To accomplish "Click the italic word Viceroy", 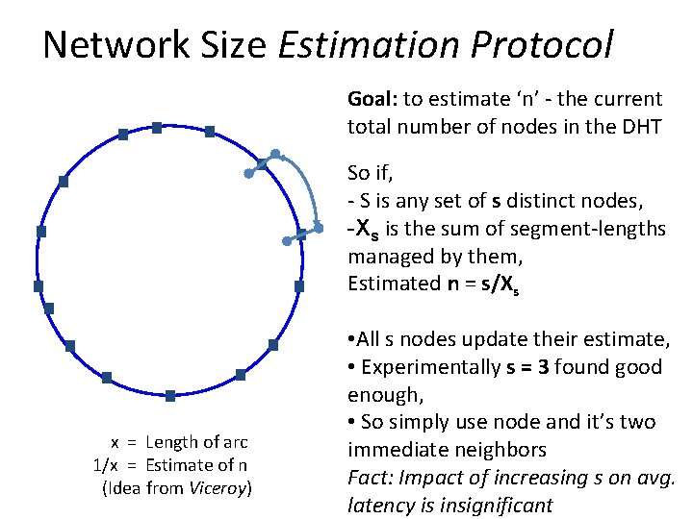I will pos(218,488).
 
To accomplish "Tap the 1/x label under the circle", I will pos(105,465).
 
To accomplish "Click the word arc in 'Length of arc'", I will pos(235,442).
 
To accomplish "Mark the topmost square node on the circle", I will pos(157,127).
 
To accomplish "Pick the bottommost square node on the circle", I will pos(170,396).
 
